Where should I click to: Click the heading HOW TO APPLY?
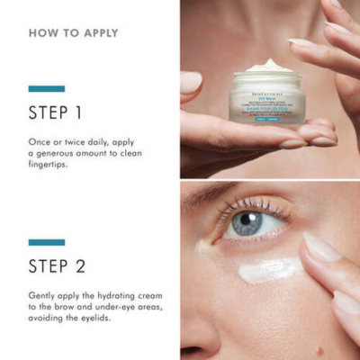pos(73,33)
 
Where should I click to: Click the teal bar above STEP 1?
pos(46,88)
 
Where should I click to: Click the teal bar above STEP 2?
pos(46,242)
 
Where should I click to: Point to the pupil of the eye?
pos(243,222)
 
